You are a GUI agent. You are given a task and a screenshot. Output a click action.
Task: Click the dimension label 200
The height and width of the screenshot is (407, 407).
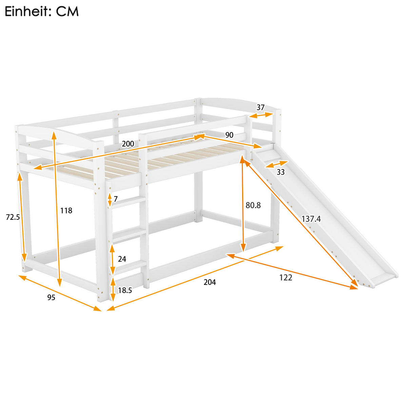tap(128, 144)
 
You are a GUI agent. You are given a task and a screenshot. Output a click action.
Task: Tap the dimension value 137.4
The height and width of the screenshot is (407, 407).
tap(311, 219)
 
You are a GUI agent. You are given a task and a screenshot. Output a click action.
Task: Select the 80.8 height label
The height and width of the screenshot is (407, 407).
tap(253, 205)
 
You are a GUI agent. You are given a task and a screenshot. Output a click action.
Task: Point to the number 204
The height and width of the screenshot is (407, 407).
tap(209, 282)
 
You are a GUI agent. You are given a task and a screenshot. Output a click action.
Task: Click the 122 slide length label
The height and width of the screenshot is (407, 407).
tap(285, 277)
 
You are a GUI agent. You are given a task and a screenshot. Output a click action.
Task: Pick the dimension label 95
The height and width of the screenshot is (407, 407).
tap(51, 298)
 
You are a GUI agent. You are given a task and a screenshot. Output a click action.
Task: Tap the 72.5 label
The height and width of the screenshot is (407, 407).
tap(13, 217)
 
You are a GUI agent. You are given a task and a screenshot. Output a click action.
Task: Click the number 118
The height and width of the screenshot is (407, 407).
tap(66, 211)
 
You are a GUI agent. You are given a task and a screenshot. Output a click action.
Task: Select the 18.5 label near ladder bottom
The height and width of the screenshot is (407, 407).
tap(124, 290)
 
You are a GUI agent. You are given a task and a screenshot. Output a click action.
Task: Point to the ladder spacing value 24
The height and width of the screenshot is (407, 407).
tap(122, 259)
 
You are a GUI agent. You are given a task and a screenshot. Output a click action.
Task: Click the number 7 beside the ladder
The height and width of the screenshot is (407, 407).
tap(116, 199)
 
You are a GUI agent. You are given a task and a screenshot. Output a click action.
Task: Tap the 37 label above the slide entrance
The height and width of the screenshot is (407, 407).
tap(260, 108)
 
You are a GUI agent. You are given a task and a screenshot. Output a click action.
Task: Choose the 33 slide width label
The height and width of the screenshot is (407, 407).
tap(280, 172)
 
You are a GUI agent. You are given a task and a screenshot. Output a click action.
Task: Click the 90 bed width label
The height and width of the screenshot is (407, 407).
tap(229, 135)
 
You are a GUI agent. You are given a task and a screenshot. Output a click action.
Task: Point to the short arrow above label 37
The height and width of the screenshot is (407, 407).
tap(261, 115)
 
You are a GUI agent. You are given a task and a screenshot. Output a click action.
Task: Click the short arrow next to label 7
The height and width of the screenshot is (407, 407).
tap(110, 199)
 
